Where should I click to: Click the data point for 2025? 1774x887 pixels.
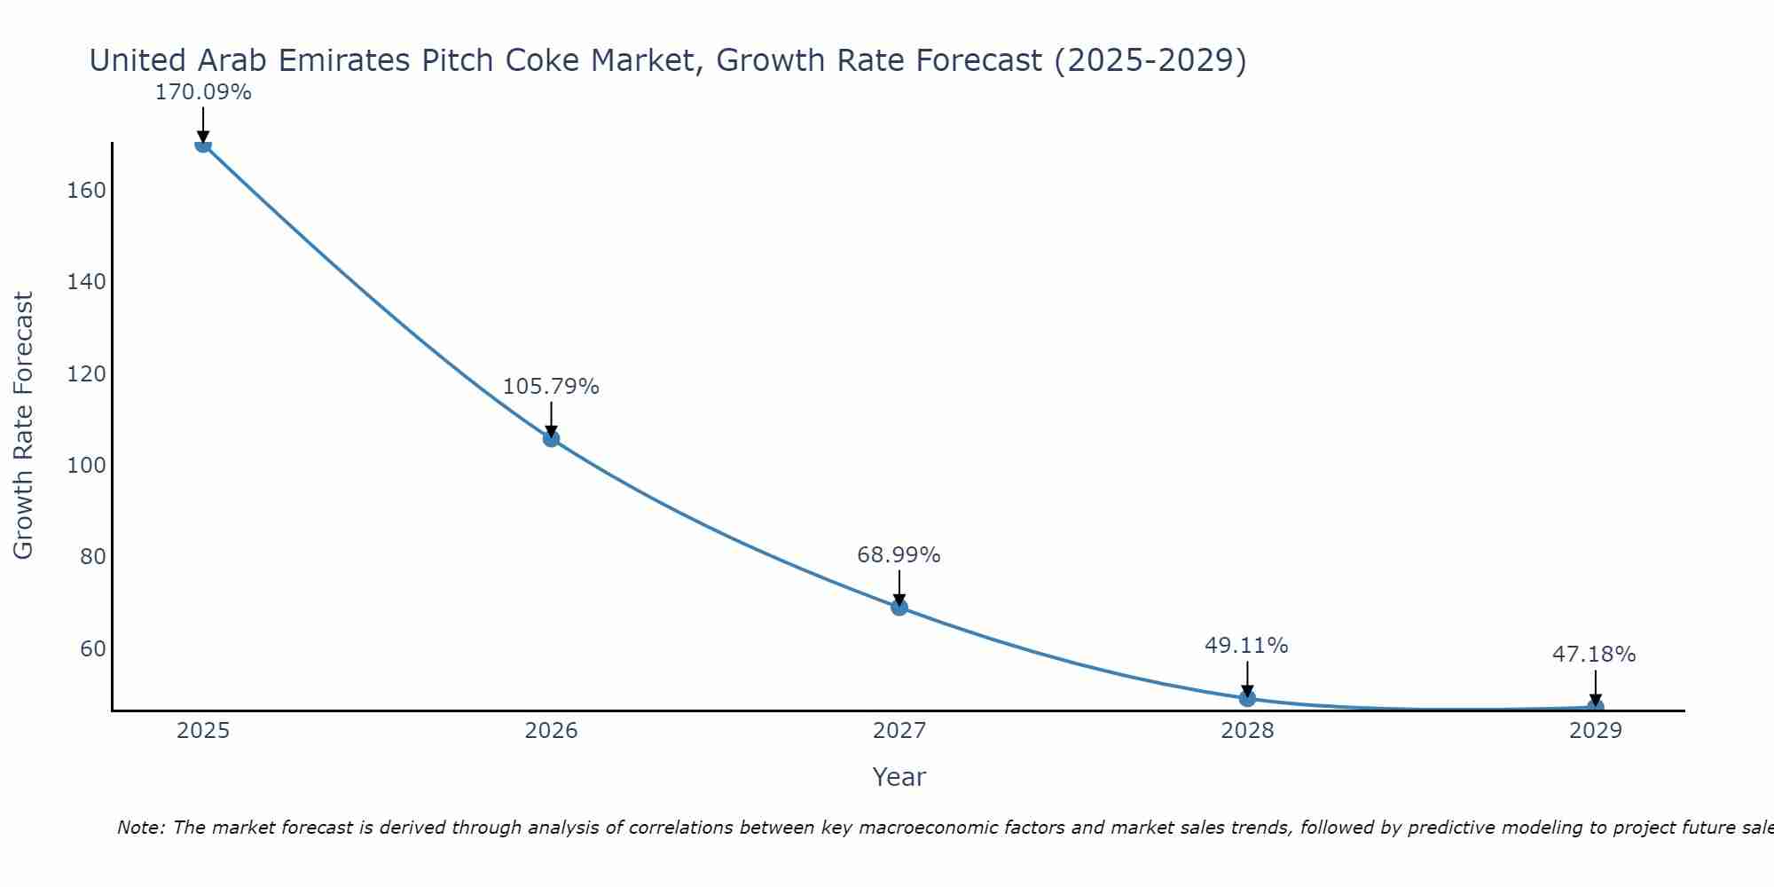pos(203,145)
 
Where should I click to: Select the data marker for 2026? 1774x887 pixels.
pos(551,438)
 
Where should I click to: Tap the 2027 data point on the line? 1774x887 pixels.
pos(899,607)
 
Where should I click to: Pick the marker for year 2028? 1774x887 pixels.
pos(1247,698)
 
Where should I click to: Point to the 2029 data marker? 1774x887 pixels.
pos(1595,707)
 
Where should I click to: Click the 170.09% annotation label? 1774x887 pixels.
pos(203,92)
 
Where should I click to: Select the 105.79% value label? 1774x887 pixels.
pos(551,387)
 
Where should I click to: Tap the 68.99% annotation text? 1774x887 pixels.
pos(899,555)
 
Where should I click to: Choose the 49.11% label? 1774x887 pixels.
pos(1246,646)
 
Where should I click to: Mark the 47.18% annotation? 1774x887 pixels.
pos(1594,655)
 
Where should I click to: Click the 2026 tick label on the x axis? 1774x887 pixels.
pos(551,731)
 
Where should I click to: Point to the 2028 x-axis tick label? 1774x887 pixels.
pos(1247,731)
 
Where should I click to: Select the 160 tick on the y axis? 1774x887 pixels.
pos(87,191)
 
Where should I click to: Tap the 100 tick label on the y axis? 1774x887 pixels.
pos(87,466)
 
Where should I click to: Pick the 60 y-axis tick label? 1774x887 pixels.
pos(93,648)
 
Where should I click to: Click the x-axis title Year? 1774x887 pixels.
pos(899,777)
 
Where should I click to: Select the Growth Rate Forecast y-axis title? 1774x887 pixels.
pos(23,426)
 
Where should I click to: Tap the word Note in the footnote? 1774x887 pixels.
pos(140,828)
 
